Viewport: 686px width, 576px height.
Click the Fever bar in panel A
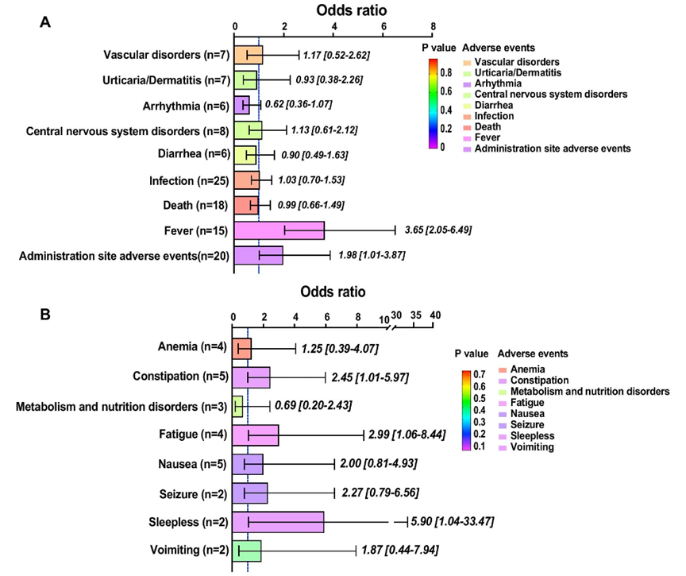[279, 230]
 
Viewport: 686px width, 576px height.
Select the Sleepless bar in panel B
[278, 522]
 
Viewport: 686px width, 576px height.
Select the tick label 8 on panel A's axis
[433, 27]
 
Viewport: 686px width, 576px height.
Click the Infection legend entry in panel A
[492, 116]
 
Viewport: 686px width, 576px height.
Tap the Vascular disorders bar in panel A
[249, 56]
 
